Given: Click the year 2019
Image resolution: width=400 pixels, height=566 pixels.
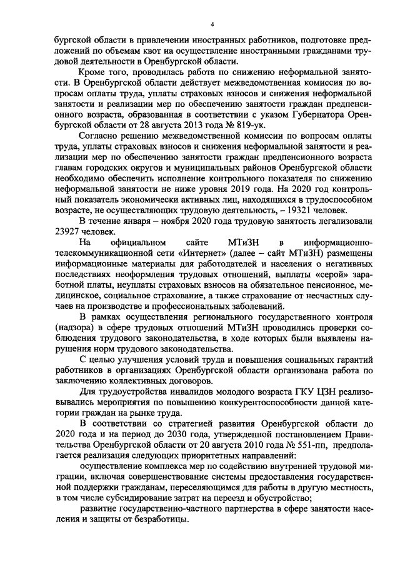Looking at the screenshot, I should click(228, 198).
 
